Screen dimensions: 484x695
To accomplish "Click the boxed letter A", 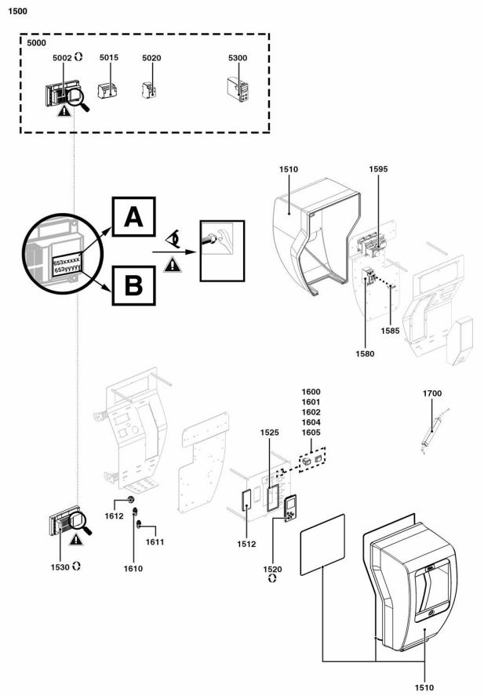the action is click(x=133, y=217).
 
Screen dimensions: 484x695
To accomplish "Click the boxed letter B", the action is click(x=133, y=285).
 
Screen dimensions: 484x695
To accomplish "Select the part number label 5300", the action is click(x=238, y=58).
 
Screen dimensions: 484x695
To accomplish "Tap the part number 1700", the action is click(x=432, y=393).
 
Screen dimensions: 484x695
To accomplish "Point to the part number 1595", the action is click(x=378, y=169).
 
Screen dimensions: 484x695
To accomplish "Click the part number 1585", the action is click(x=390, y=331).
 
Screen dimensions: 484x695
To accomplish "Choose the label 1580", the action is click(x=365, y=353).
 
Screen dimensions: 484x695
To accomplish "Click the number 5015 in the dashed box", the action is click(x=109, y=58).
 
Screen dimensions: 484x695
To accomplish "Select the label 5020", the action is click(x=151, y=58).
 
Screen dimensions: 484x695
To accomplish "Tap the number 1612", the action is click(x=114, y=516).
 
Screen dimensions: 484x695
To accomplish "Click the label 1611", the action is click(x=155, y=542).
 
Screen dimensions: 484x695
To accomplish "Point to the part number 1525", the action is click(x=270, y=433).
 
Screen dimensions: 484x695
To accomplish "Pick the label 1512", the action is click(x=246, y=545).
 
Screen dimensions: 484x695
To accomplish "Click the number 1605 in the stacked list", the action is click(x=311, y=433).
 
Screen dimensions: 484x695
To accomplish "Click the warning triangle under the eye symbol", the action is click(x=172, y=265).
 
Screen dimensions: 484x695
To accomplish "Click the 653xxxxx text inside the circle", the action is click(x=67, y=261).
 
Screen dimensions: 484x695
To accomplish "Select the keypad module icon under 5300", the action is click(x=238, y=89).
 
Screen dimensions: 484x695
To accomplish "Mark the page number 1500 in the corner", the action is click(x=18, y=11).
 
